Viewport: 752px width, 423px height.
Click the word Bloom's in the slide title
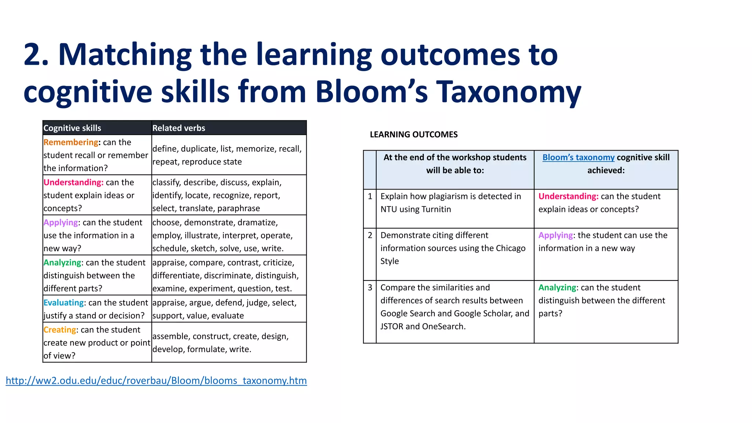371,92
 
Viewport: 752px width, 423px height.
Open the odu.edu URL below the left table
156,380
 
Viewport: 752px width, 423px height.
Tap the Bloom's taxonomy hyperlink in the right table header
578,158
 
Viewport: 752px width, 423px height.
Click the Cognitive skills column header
72,128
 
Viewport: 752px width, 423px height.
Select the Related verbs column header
178,128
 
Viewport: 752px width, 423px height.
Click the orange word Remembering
70,142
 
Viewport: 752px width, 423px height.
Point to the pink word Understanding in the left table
73,182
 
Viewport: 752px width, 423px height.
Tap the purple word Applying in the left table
61,223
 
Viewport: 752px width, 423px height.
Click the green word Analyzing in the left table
62,263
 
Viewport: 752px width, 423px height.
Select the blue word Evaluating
64,303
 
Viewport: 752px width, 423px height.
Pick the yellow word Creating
60,330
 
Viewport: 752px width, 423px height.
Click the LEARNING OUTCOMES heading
413,135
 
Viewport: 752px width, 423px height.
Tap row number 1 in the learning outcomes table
370,196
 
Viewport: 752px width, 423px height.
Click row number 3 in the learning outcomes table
370,288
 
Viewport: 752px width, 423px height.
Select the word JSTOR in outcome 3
392,326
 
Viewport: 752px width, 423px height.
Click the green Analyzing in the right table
557,288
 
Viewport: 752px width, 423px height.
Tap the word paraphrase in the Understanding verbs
238,209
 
